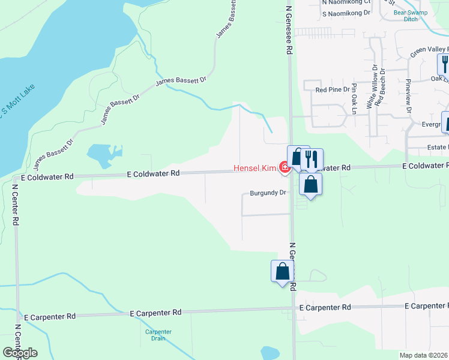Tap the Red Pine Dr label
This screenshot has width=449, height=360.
[332, 89]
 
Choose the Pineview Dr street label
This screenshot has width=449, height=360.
[408, 96]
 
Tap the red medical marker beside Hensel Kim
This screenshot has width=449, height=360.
[285, 170]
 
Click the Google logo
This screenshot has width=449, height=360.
[19, 352]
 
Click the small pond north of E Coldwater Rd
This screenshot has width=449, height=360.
[104, 154]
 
